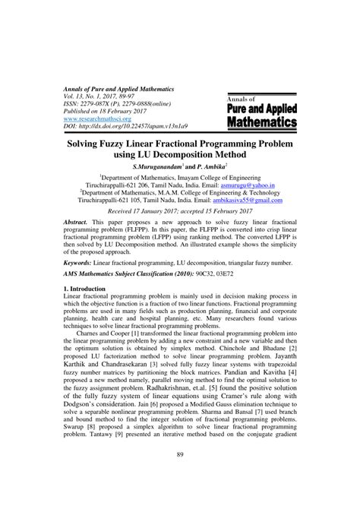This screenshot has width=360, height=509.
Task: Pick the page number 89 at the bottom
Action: [179, 476]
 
